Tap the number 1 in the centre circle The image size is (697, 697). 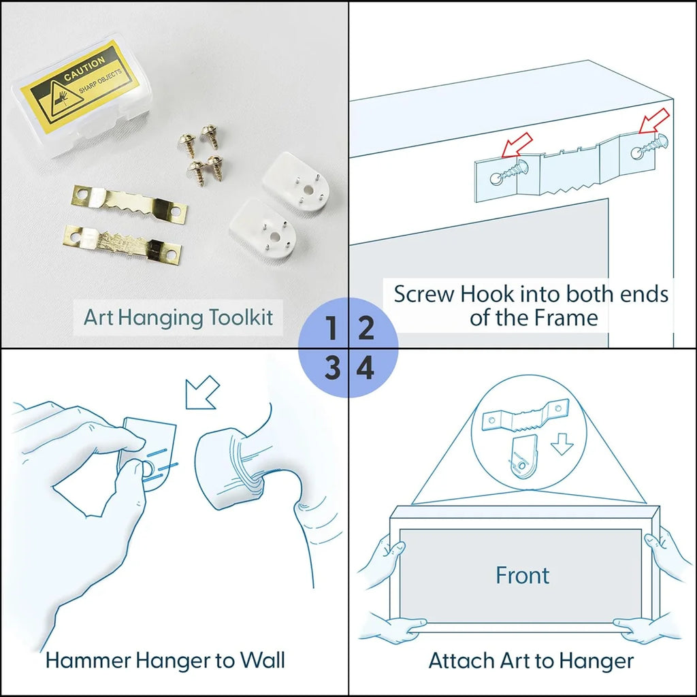pos(331,328)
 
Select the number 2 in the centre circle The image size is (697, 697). pos(366,328)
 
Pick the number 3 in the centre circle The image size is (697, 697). pos(332,368)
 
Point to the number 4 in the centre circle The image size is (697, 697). pos(366,368)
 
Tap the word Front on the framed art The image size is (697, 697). pos(522,575)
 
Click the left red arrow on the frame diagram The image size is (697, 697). pos(517,145)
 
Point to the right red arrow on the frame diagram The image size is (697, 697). pos(654,120)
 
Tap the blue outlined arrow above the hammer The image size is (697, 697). pos(202,392)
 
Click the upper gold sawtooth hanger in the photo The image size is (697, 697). pos(129,204)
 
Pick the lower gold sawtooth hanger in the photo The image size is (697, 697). pos(123,244)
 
